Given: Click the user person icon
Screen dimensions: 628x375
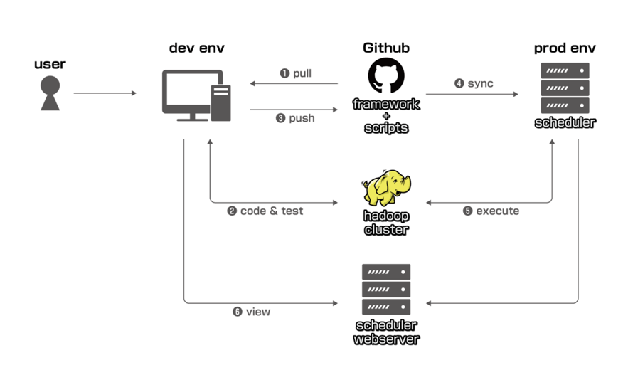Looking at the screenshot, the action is tap(50, 93).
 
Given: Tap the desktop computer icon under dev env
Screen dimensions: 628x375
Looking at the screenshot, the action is tap(196, 95).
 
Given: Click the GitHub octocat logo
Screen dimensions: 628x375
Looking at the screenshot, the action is tap(386, 75).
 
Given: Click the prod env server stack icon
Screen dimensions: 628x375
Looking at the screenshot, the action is tap(565, 88).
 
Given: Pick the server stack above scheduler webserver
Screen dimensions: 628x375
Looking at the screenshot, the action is tap(386, 290).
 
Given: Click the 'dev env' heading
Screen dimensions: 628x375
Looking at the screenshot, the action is tap(197, 48).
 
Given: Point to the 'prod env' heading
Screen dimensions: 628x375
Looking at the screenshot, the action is tap(565, 48).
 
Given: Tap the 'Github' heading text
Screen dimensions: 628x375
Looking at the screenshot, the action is tap(386, 48).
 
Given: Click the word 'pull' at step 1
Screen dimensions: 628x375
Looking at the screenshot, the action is tap(302, 73).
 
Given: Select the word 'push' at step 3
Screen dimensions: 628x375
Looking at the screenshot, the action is tap(302, 118).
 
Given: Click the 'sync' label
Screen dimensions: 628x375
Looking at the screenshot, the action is tap(480, 83).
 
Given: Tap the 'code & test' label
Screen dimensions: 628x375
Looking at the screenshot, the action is tap(272, 211).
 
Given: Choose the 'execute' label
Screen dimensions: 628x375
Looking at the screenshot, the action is tap(497, 211).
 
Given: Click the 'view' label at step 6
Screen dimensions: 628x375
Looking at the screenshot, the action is tap(258, 312).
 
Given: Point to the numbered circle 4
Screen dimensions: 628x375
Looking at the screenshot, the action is tap(459, 83).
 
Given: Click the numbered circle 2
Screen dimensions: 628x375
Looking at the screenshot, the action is tap(232, 211).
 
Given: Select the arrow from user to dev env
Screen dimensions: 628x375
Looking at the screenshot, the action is tap(105, 93).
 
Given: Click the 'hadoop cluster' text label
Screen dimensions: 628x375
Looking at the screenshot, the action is tap(386, 223).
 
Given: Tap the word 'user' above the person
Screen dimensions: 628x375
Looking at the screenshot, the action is tap(50, 64).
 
